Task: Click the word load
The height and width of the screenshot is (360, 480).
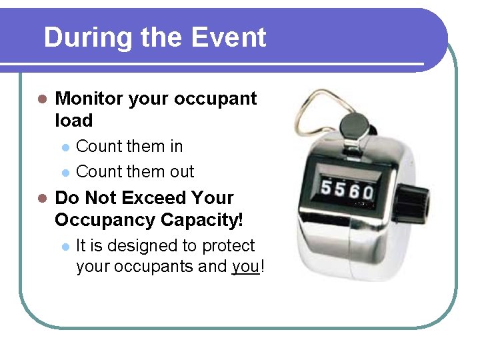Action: pyautogui.click(x=73, y=121)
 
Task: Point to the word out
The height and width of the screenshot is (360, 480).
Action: pyautogui.click(x=181, y=171)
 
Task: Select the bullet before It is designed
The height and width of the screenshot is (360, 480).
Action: pyautogui.click(x=65, y=247)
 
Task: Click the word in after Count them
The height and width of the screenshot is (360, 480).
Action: pyautogui.click(x=176, y=146)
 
